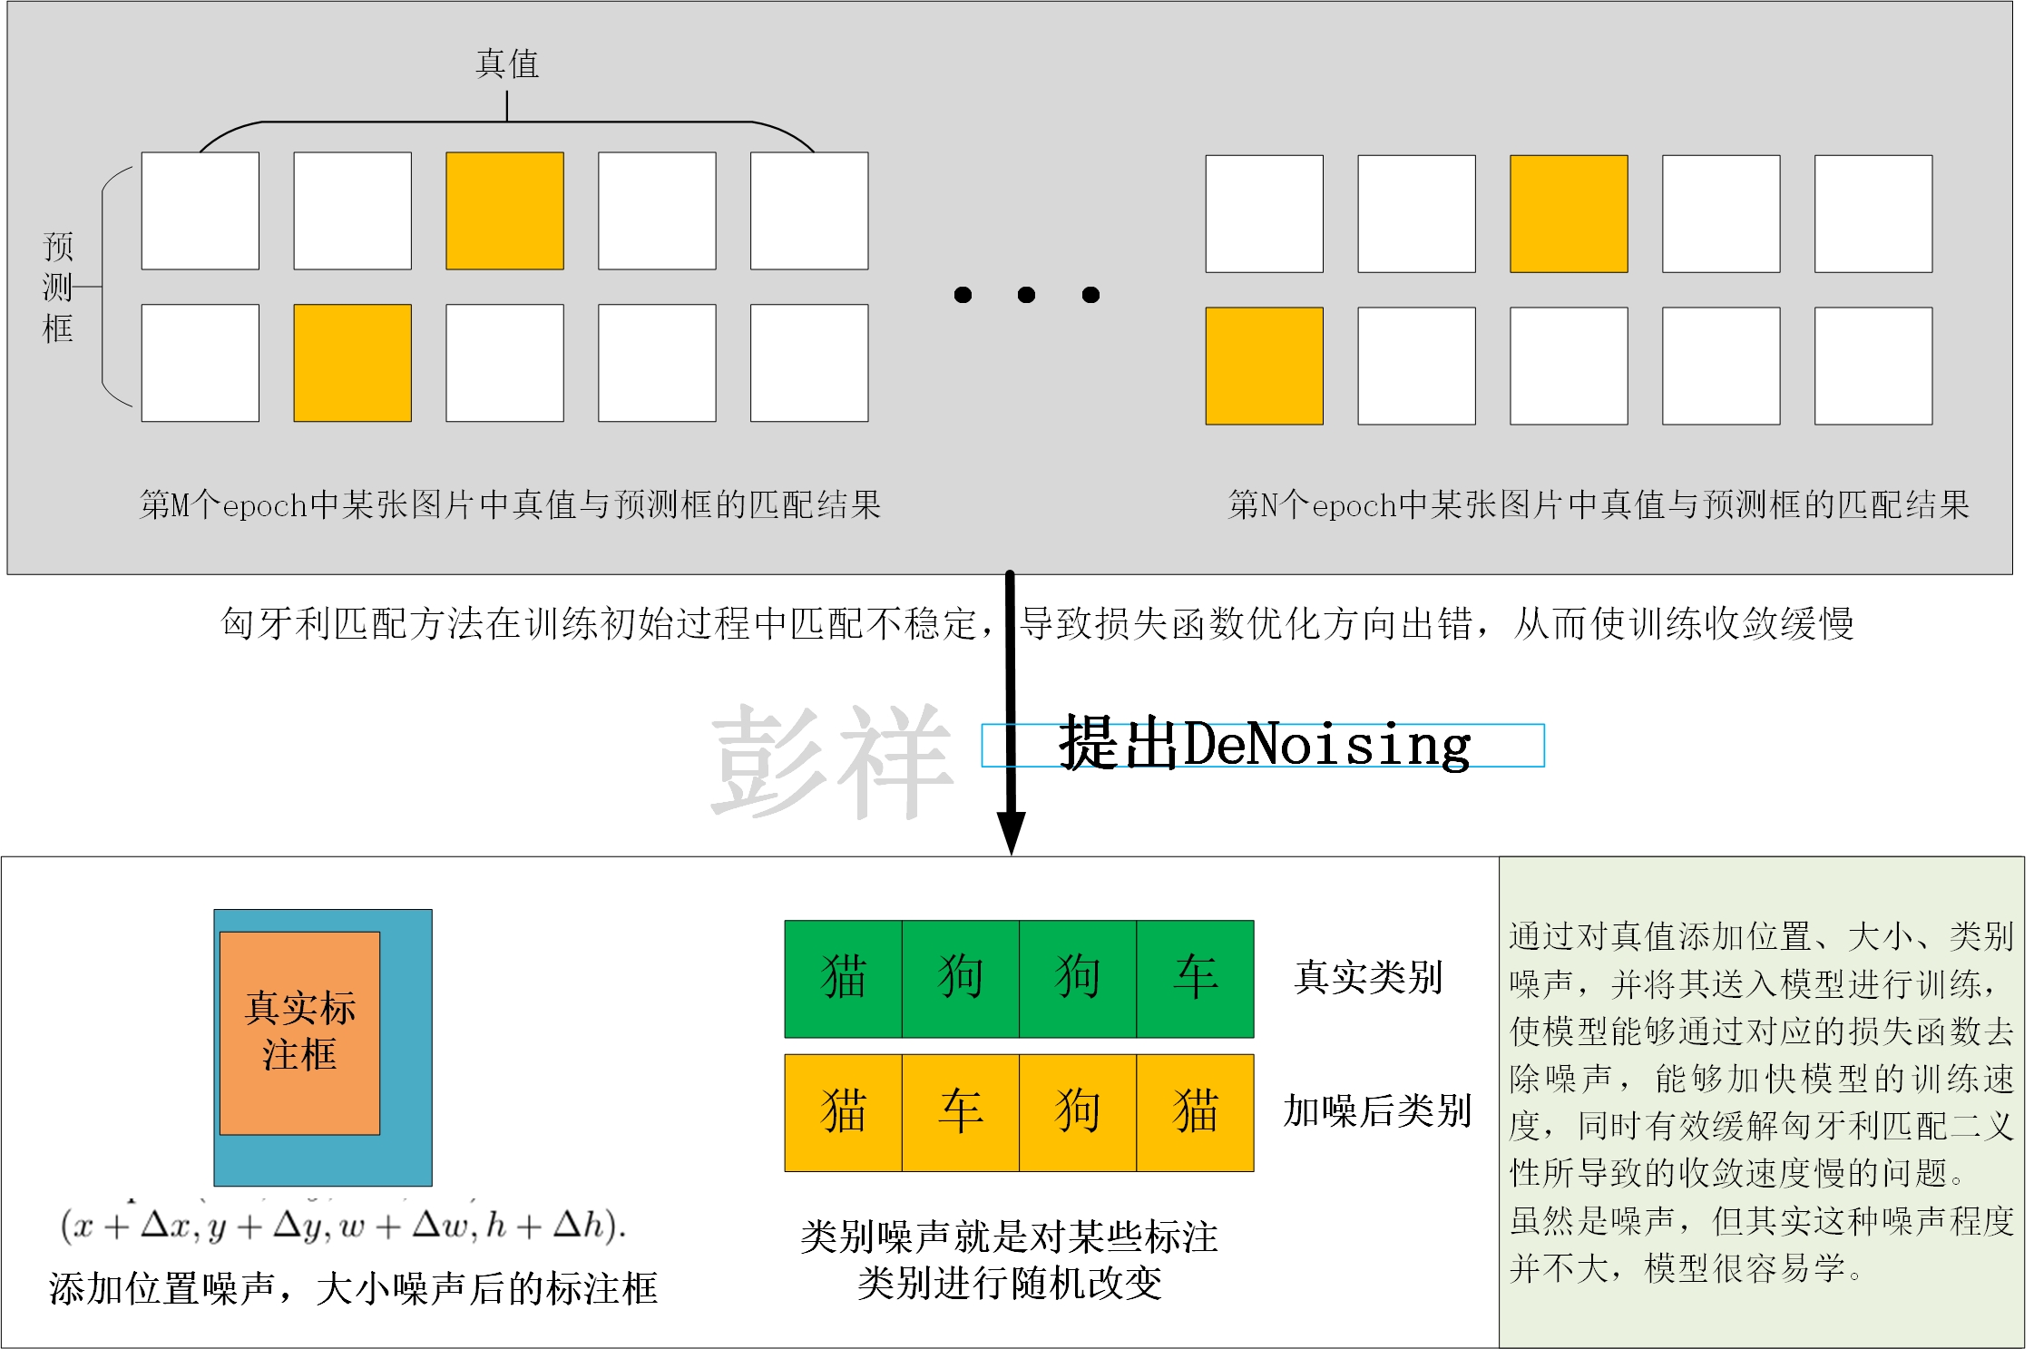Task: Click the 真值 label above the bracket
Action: coord(507,64)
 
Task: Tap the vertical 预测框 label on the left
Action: coord(58,288)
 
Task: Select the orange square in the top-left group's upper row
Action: coord(504,210)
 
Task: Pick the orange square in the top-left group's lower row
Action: coord(352,363)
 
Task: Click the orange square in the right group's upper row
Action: coord(1569,214)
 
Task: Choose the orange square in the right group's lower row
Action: coord(1264,366)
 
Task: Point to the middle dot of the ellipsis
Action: coord(1027,295)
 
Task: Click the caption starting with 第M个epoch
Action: coord(510,505)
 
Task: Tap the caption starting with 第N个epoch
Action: coord(1599,505)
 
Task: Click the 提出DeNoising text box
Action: coord(1263,746)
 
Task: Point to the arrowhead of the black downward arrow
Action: coord(1011,832)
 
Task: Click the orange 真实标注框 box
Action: coord(299,1032)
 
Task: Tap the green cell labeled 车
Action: coord(1195,979)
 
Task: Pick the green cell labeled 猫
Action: coord(843,979)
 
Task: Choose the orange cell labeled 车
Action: coord(961,1112)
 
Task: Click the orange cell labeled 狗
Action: coord(1078,1112)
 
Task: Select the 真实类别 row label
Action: coord(1368,978)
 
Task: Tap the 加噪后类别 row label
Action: coord(1376,1111)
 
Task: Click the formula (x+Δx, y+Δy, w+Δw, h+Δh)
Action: coord(343,1226)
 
